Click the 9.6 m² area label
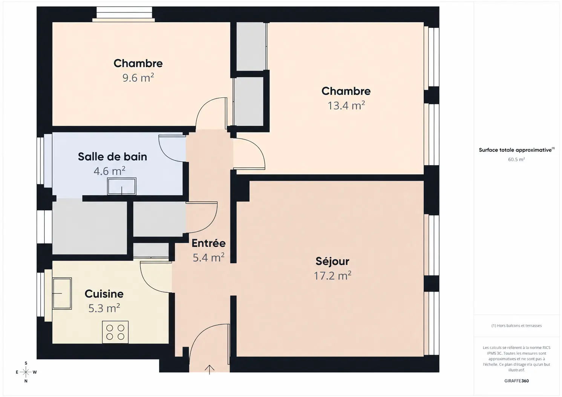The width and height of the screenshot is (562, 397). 138,78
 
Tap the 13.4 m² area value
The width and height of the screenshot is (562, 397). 346,105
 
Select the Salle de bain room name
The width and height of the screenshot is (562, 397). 112,157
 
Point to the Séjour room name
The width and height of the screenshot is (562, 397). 332,261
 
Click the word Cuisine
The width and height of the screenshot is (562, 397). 104,294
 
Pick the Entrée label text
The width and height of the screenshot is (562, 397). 208,243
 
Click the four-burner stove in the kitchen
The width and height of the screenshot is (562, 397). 115,332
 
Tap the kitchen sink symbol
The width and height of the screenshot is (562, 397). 62,293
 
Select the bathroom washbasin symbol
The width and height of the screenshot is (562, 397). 122,186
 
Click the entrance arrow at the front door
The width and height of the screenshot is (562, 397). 210,370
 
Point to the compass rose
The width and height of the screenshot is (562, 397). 26,372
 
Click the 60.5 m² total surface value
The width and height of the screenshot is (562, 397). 516,159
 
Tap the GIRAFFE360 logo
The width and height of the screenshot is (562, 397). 517,381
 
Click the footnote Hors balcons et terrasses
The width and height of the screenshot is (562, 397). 517,326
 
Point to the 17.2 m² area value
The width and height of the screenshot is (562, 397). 332,276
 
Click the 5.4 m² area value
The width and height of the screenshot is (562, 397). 208,257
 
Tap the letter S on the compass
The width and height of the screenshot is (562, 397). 26,363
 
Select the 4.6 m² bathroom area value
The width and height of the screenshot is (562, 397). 109,171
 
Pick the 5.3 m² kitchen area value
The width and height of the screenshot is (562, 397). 104,308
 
